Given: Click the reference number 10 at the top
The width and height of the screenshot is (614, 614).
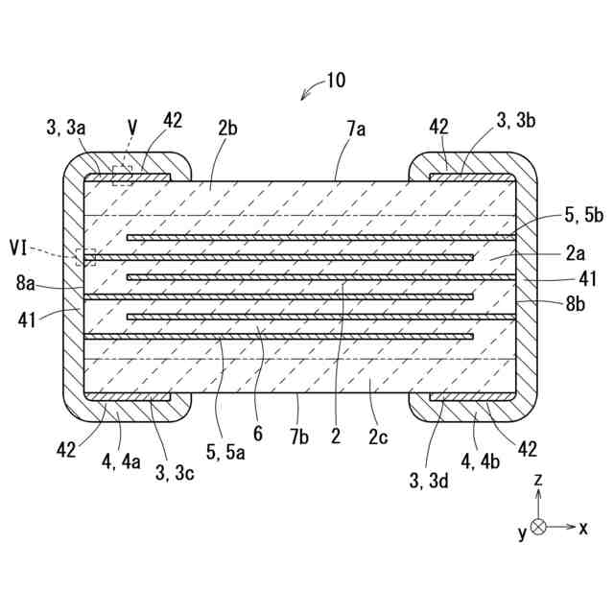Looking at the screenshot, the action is coord(335,81).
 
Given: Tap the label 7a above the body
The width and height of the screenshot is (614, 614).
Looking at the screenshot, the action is coord(356,130).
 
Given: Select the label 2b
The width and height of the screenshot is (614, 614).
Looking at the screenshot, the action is coord(227,130).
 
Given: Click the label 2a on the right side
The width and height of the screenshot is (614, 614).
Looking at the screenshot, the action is coord(575,253).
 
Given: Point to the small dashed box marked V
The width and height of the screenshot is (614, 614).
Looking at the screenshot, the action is coord(122,175).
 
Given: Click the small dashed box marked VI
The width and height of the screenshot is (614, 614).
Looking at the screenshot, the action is coord(86,256).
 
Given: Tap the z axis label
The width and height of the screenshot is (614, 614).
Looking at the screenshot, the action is coord(541,479).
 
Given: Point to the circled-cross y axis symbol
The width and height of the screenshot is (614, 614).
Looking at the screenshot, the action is coord(539,526).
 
